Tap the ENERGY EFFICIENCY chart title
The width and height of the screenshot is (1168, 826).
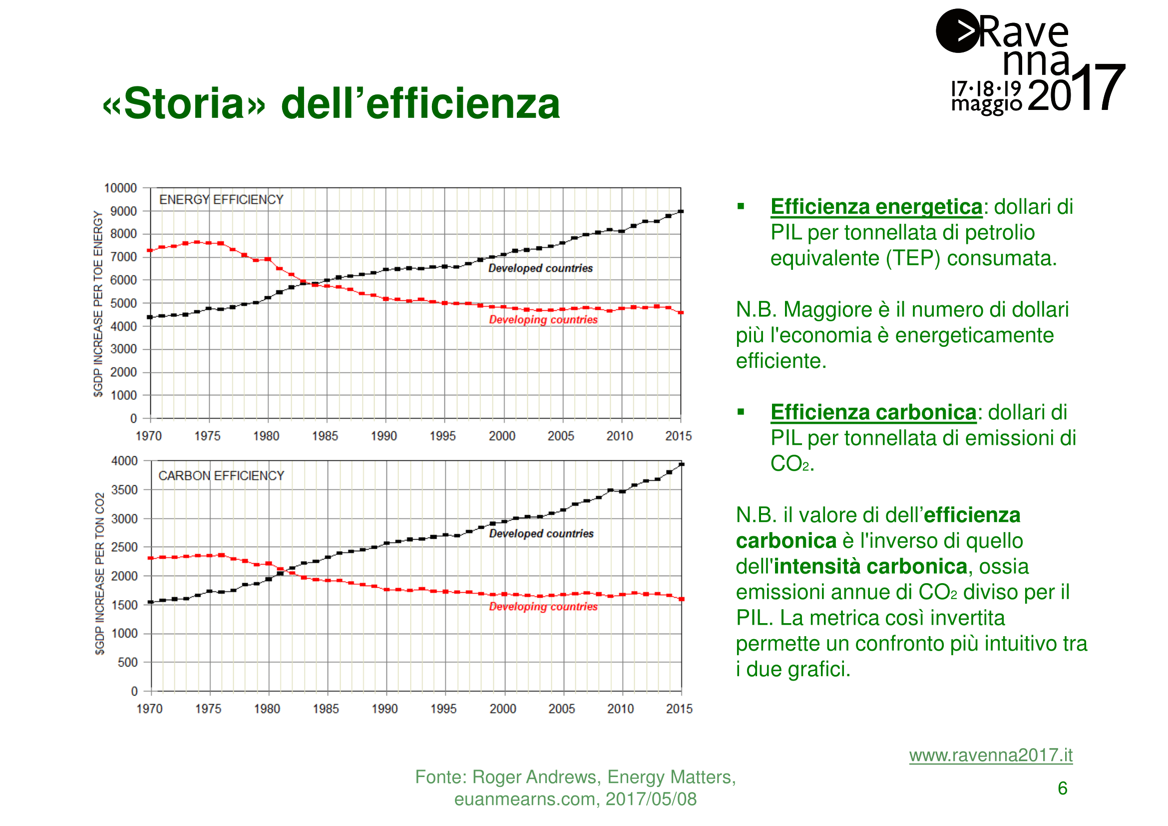221,199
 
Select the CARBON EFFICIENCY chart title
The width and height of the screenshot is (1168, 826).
221,476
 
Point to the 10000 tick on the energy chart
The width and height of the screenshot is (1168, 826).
120,188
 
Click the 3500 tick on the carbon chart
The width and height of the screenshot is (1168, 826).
124,490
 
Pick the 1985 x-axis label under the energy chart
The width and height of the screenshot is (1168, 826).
325,436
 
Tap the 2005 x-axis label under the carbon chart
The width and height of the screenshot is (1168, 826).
561,709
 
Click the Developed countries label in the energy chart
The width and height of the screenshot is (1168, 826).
540,268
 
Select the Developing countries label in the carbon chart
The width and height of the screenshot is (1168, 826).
543,607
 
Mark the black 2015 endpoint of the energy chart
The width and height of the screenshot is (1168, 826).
681,211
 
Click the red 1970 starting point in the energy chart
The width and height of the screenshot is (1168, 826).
150,250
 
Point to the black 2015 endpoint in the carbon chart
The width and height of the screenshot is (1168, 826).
682,464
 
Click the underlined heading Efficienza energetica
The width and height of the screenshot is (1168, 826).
876,207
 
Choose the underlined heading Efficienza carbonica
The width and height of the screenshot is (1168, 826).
873,413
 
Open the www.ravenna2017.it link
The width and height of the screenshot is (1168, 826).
990,755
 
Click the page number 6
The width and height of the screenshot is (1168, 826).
1062,789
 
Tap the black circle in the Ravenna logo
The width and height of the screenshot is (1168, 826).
957,31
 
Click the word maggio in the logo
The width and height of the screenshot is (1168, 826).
986,104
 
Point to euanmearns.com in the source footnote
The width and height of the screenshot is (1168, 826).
524,800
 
